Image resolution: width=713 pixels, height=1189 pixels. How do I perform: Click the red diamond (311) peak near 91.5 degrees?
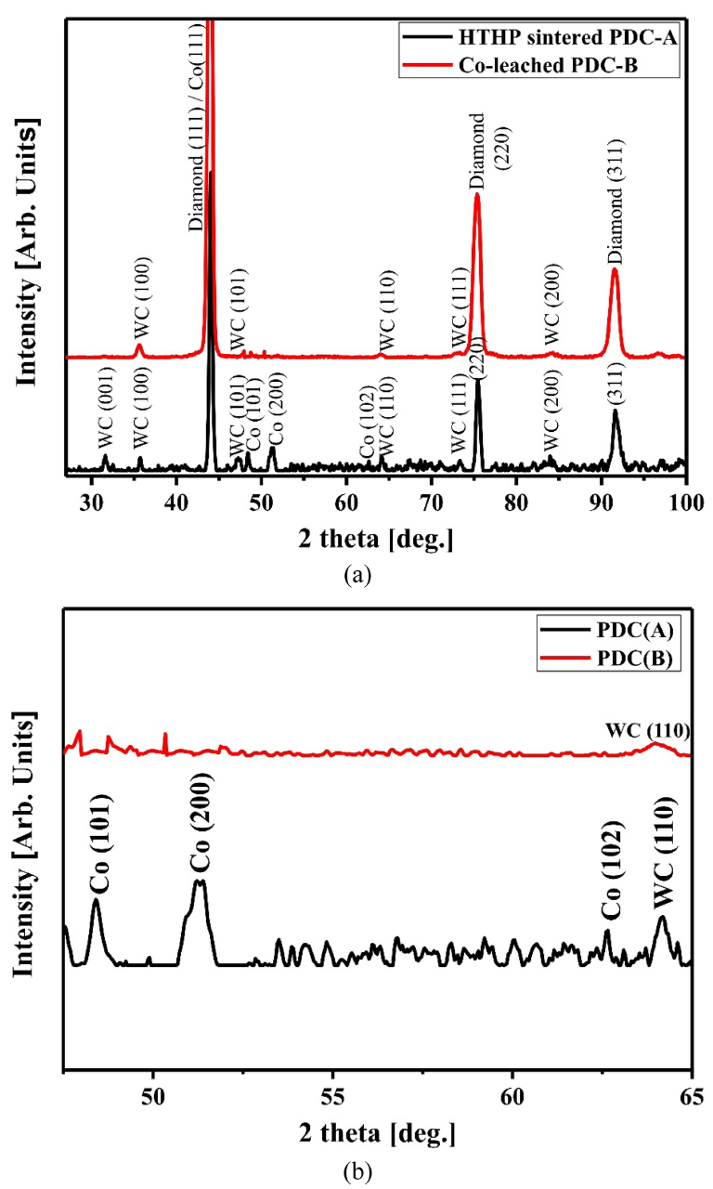point(615,270)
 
